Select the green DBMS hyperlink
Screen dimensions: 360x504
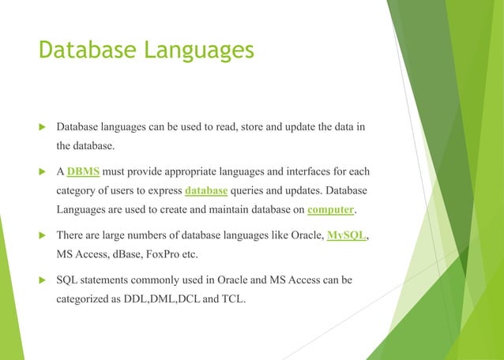coord(84,171)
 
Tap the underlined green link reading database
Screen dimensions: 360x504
coord(206,190)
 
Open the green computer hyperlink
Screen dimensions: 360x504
coord(330,209)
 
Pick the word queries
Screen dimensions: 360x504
coord(253,190)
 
